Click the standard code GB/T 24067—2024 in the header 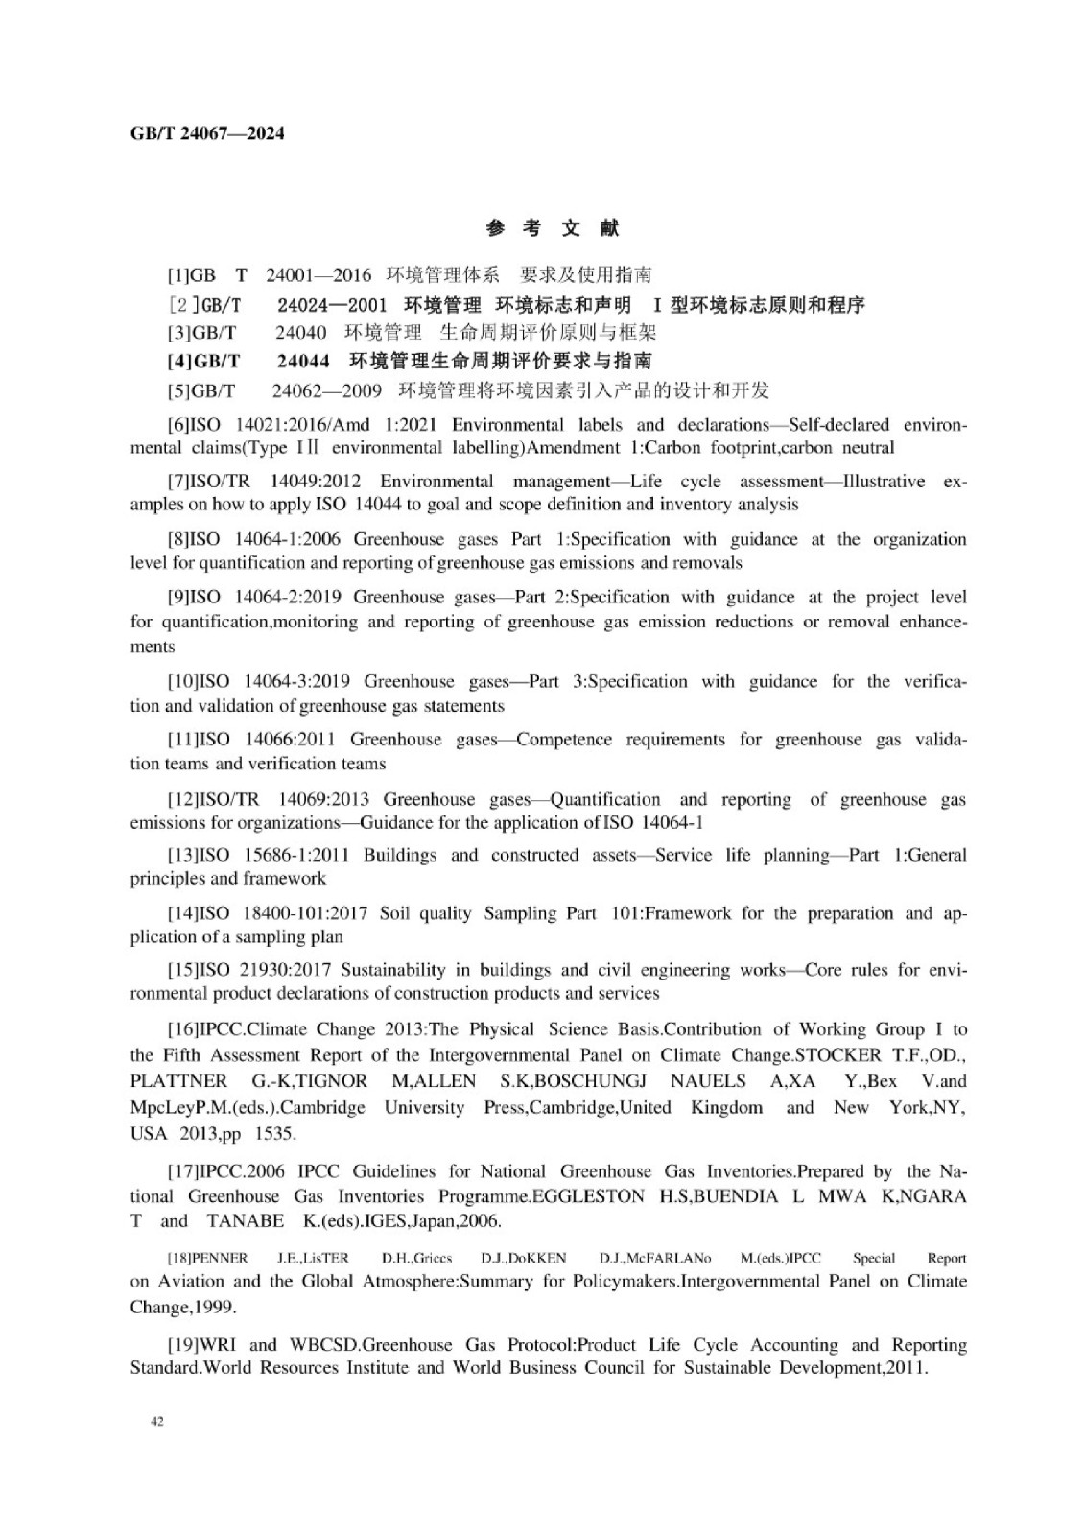pyautogui.click(x=207, y=133)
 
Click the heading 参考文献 pyautogui.click(x=553, y=228)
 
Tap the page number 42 pyautogui.click(x=157, y=1421)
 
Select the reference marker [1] pyautogui.click(x=178, y=275)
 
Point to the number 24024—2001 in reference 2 pyautogui.click(x=332, y=305)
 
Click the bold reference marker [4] pyautogui.click(x=179, y=361)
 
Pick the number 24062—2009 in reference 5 pyautogui.click(x=326, y=390)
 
